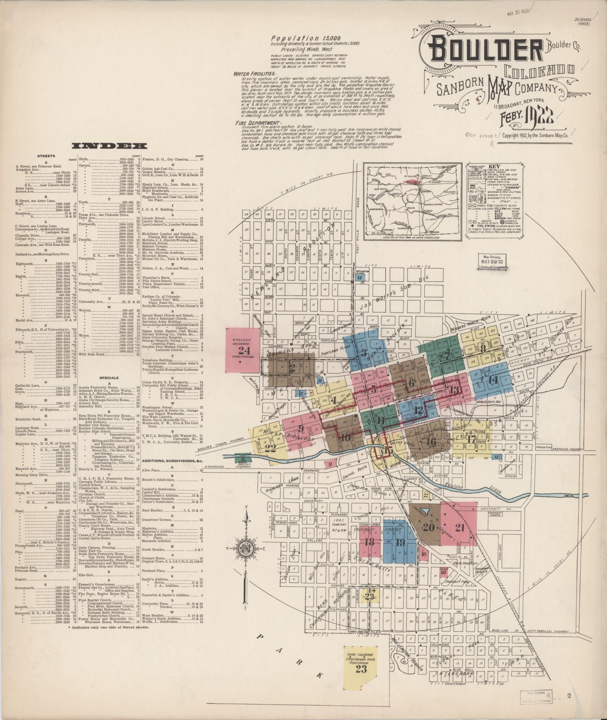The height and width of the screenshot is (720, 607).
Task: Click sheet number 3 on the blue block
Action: click(x=364, y=353)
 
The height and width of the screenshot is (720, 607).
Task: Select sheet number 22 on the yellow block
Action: click(x=270, y=448)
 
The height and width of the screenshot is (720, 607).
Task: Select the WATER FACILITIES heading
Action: click(x=254, y=74)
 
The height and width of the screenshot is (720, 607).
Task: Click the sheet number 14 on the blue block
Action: click(x=492, y=380)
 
